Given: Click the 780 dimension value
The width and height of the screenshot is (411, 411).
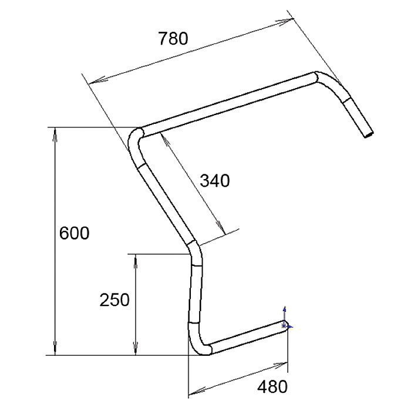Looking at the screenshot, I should [x=173, y=39].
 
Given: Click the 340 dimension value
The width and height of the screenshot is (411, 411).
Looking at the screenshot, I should [x=215, y=180].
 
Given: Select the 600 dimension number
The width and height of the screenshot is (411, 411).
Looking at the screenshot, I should [x=75, y=233].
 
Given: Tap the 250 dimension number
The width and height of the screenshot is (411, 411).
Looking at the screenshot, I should [x=114, y=300].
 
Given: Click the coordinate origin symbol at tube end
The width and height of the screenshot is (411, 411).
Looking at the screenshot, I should [x=285, y=324].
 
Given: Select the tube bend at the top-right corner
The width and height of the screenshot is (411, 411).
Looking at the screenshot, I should [x=329, y=82].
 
